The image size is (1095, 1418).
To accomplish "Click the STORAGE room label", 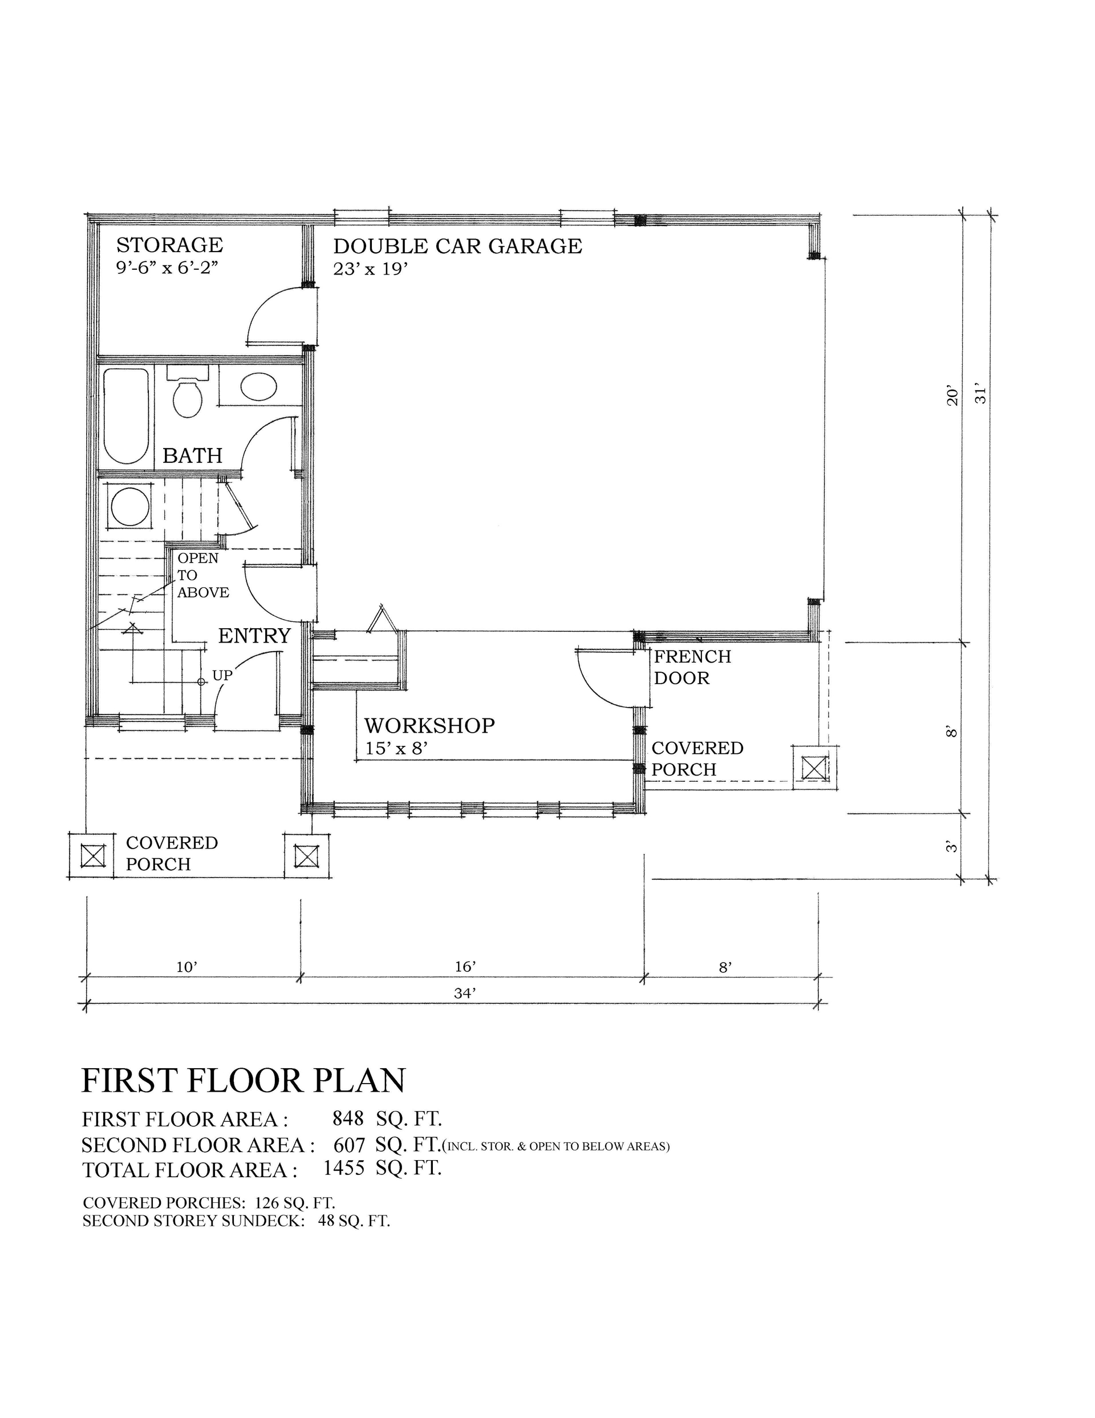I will [x=169, y=245].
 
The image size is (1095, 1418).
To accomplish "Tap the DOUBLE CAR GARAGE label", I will [x=457, y=246].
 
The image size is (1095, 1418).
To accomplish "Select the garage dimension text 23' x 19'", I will [x=370, y=269].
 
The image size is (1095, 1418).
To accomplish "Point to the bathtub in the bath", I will [x=126, y=415].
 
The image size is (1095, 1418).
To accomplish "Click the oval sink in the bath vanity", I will [x=258, y=387].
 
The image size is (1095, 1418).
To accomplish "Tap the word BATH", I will [x=192, y=456].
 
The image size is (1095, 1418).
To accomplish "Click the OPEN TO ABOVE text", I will [x=202, y=575].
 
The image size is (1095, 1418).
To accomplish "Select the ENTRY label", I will [x=254, y=636].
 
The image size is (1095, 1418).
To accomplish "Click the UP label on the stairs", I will [x=222, y=676].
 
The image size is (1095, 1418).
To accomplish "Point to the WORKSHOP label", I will [x=429, y=726].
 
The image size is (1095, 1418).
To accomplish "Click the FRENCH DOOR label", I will [x=691, y=668].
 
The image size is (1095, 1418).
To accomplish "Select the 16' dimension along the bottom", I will [x=465, y=967].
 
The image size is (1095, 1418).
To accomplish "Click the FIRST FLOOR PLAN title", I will [x=244, y=1080].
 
